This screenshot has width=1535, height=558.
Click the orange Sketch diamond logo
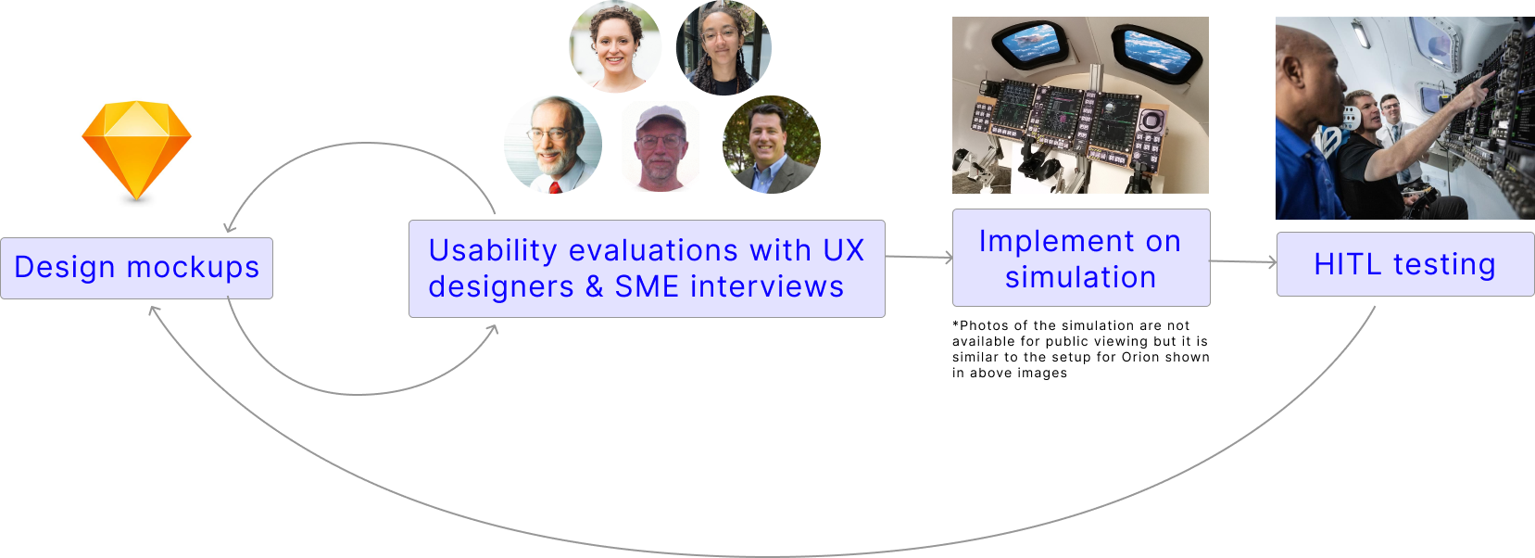point(136,150)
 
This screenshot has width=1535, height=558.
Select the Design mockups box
point(136,268)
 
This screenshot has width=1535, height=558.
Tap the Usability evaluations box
point(647,268)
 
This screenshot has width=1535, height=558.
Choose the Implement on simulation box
point(1081,258)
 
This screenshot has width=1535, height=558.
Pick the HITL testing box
point(1405,264)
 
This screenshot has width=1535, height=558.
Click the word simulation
point(1081,277)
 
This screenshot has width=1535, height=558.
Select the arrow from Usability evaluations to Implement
point(919,257)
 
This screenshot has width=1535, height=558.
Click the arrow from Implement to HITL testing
point(1243,261)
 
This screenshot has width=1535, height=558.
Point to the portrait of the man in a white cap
point(661,146)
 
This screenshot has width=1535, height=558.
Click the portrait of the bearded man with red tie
point(553,145)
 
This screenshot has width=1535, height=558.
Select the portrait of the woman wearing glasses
point(723,48)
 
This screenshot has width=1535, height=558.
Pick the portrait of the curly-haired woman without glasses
point(615,46)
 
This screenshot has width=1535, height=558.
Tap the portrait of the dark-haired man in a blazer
point(771,145)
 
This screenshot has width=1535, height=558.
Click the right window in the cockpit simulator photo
point(1156,50)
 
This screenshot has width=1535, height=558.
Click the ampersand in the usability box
point(594,287)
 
